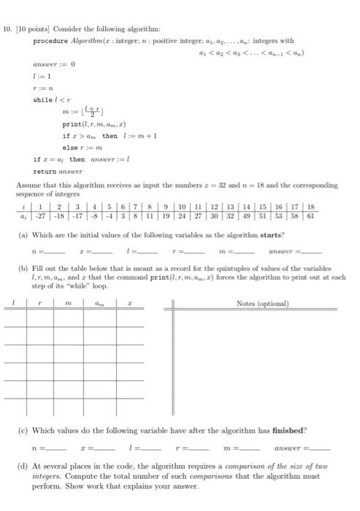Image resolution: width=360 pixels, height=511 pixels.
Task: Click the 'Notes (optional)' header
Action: (262, 303)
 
